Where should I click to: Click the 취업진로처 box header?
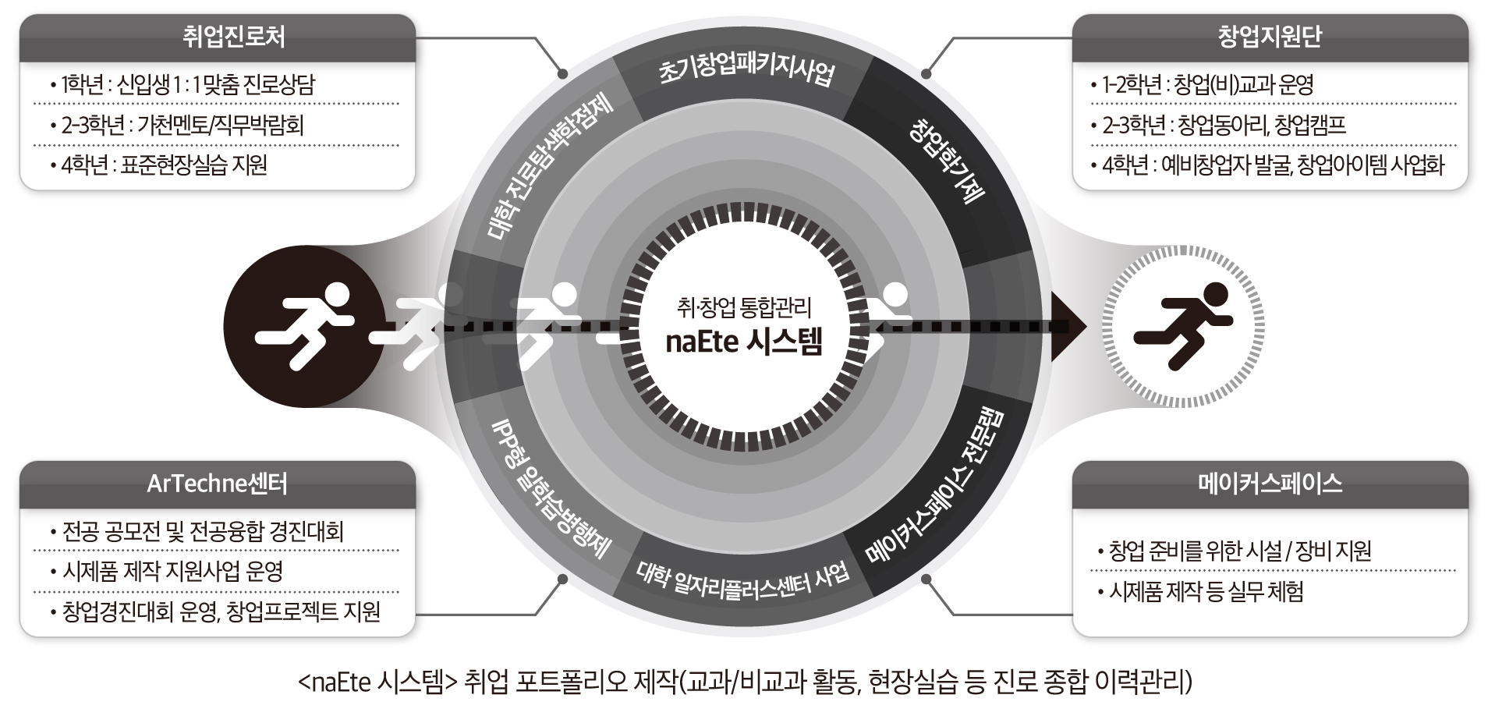218,37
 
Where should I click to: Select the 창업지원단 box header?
1270,37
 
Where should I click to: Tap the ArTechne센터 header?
218,484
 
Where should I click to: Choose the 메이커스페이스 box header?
1270,484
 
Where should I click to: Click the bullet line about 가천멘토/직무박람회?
182,125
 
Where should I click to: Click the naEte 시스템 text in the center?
743,342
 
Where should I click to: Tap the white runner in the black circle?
304,325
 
